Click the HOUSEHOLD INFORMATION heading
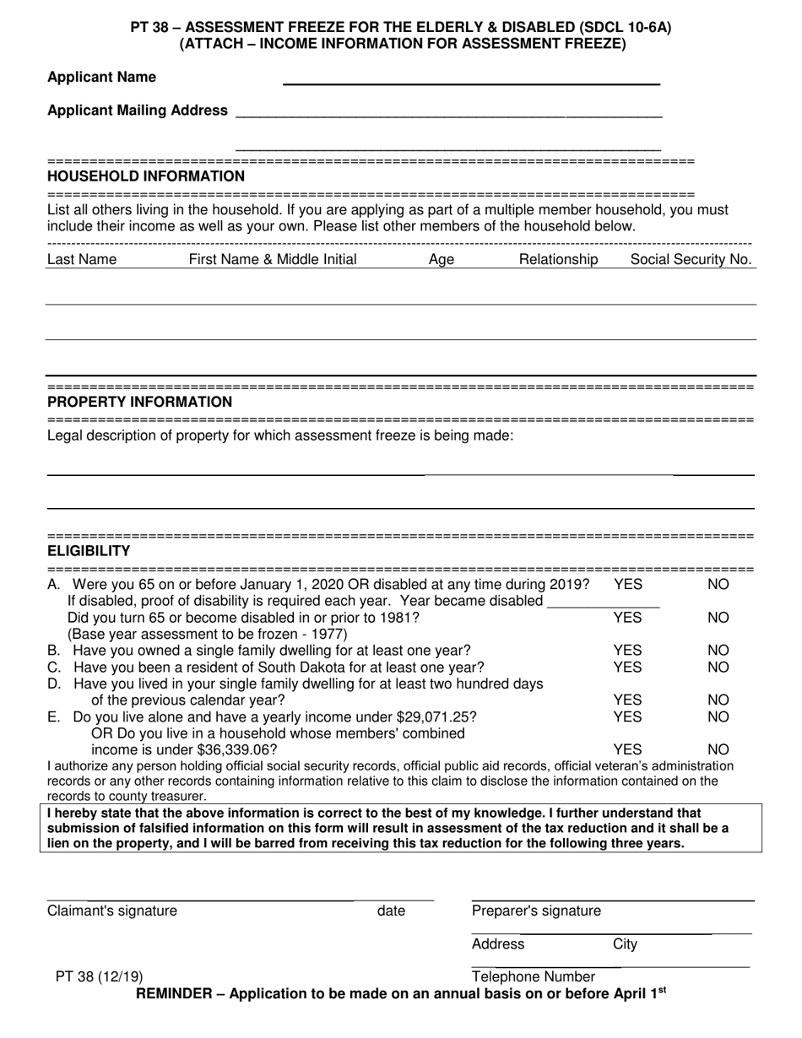(x=146, y=176)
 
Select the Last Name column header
(x=82, y=260)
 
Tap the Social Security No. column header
(x=691, y=260)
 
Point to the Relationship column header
(x=558, y=260)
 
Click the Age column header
(x=442, y=260)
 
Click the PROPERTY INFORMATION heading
(x=139, y=403)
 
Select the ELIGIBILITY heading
(x=89, y=552)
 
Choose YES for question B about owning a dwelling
(x=627, y=651)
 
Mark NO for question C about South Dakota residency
(x=718, y=668)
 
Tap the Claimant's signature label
(x=112, y=911)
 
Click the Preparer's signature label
(x=536, y=911)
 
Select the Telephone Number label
(x=534, y=977)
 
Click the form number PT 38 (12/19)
(x=99, y=977)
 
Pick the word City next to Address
(x=625, y=944)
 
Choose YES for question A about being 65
(x=627, y=584)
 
